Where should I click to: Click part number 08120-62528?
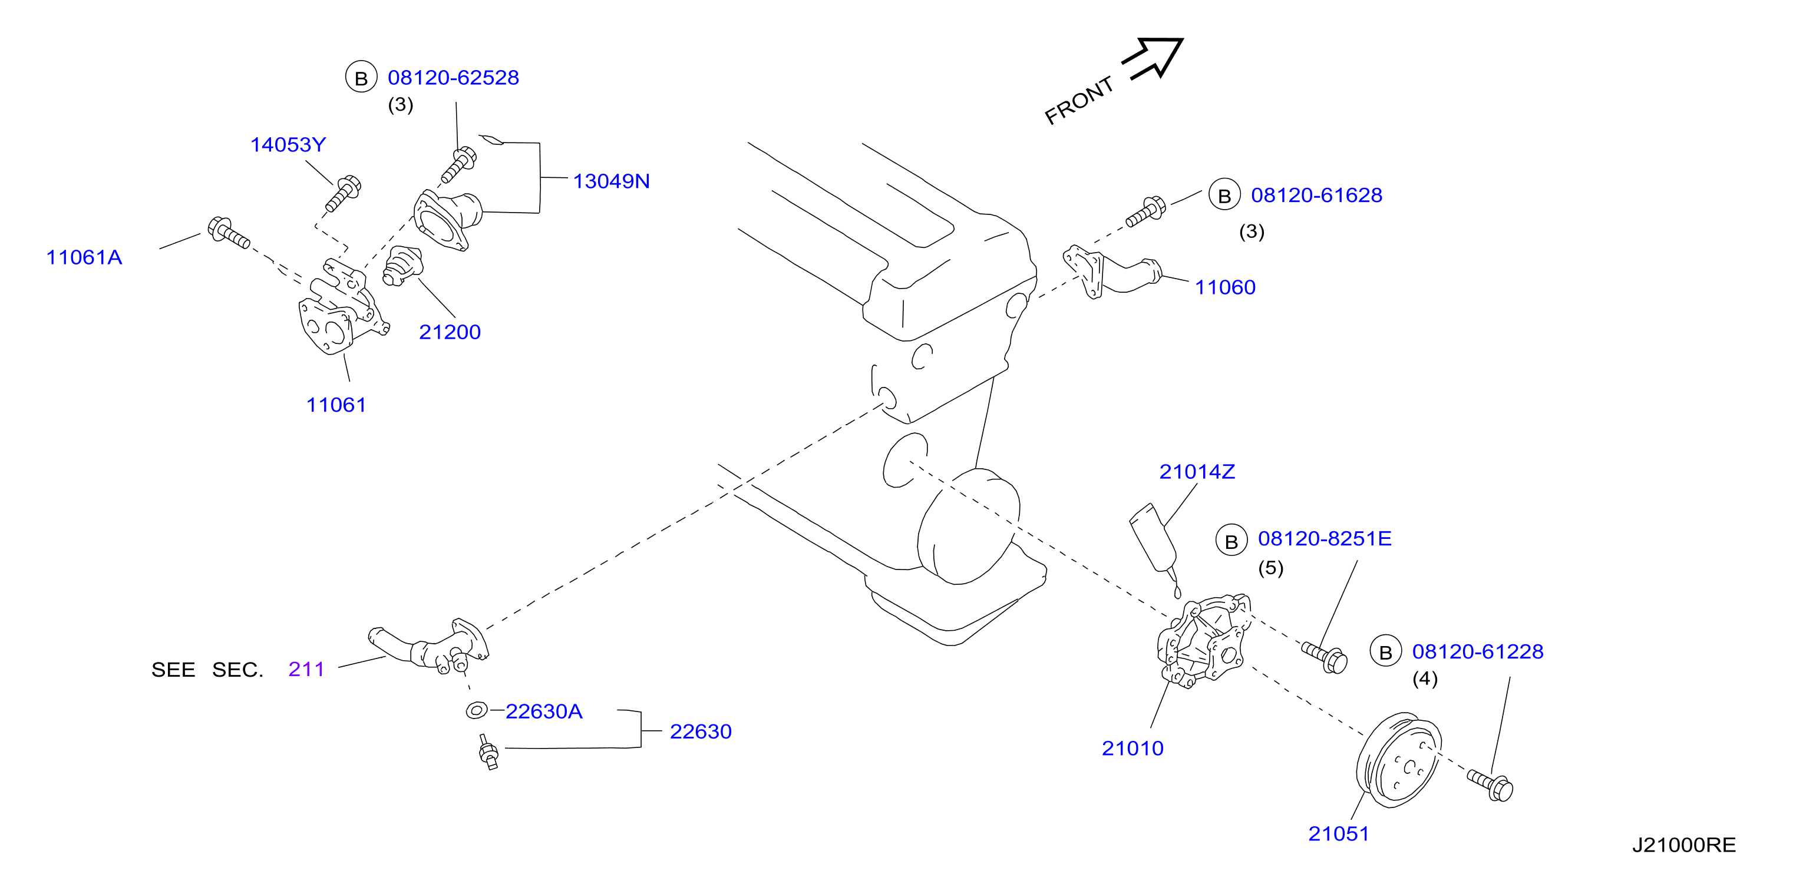click(x=453, y=78)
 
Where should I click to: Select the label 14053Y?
click(x=288, y=145)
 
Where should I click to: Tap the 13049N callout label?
click(x=612, y=181)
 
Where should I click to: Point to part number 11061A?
click(x=84, y=258)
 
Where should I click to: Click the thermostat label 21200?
click(x=450, y=332)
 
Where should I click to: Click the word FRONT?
click(x=1079, y=100)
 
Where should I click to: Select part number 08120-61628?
click(x=1316, y=196)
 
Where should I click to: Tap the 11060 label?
click(x=1225, y=287)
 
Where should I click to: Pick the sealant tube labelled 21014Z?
click(x=1155, y=547)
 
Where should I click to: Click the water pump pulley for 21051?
click(x=1398, y=760)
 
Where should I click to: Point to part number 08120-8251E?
click(x=1325, y=539)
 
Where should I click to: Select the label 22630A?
click(x=544, y=712)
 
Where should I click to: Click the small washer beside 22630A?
click(x=477, y=711)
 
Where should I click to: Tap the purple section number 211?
click(x=306, y=670)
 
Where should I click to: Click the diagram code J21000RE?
click(x=1684, y=845)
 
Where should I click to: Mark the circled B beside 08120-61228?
click(x=1385, y=652)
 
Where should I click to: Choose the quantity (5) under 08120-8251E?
click(x=1270, y=568)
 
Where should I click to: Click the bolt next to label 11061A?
click(x=229, y=233)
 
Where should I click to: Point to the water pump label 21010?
click(x=1133, y=749)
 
